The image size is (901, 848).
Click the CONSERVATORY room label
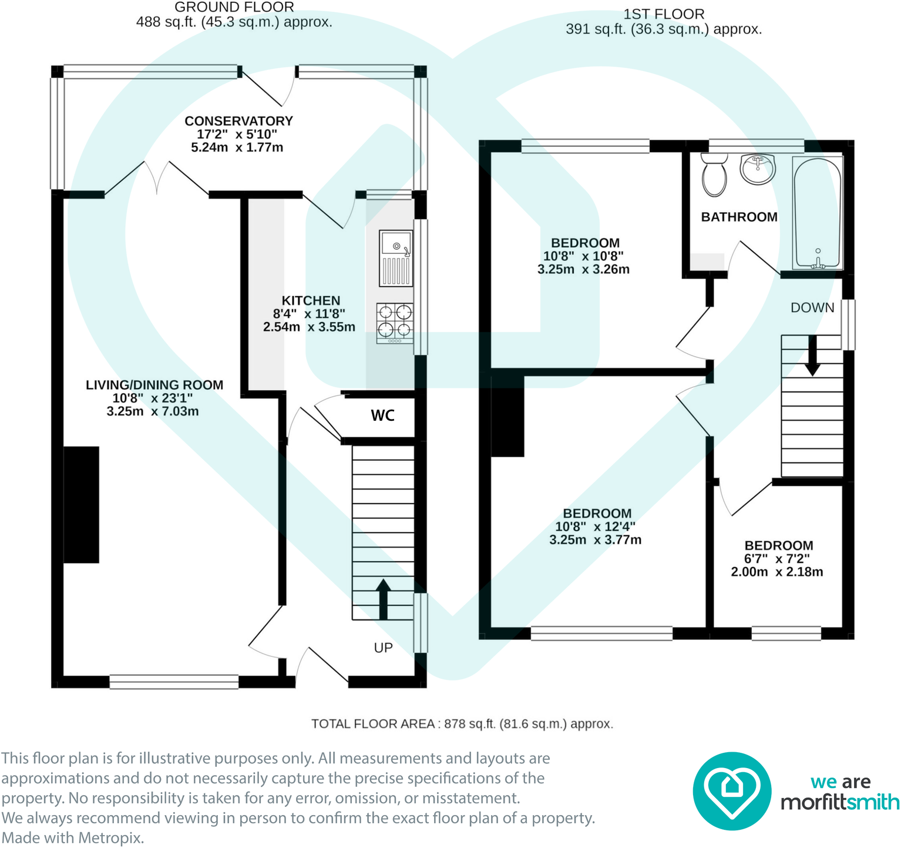238,121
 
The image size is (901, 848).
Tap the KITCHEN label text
311,300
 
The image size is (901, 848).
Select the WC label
382,415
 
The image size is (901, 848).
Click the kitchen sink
396,258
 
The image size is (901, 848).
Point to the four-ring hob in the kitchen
395,323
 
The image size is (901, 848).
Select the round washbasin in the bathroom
758,169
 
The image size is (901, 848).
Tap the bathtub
817,213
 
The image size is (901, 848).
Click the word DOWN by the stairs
812,307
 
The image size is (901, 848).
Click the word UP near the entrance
383,648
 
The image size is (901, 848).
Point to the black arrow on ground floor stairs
384,599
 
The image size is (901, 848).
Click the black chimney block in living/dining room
81,505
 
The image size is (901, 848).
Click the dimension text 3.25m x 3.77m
595,539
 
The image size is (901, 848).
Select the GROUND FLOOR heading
234,8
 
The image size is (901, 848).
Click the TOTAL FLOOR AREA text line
462,724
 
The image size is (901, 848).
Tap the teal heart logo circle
732,791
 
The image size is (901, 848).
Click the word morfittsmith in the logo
840,802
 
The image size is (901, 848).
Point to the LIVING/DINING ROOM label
154,385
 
